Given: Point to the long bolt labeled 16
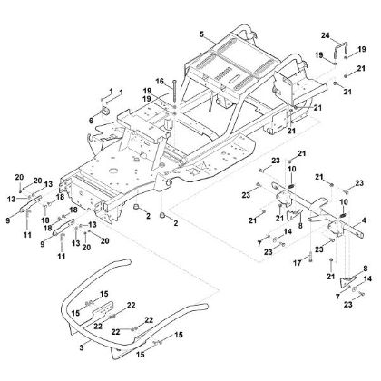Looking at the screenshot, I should click(x=168, y=94).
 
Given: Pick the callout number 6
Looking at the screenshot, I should click(x=91, y=119).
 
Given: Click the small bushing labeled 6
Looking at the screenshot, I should click(x=103, y=112).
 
